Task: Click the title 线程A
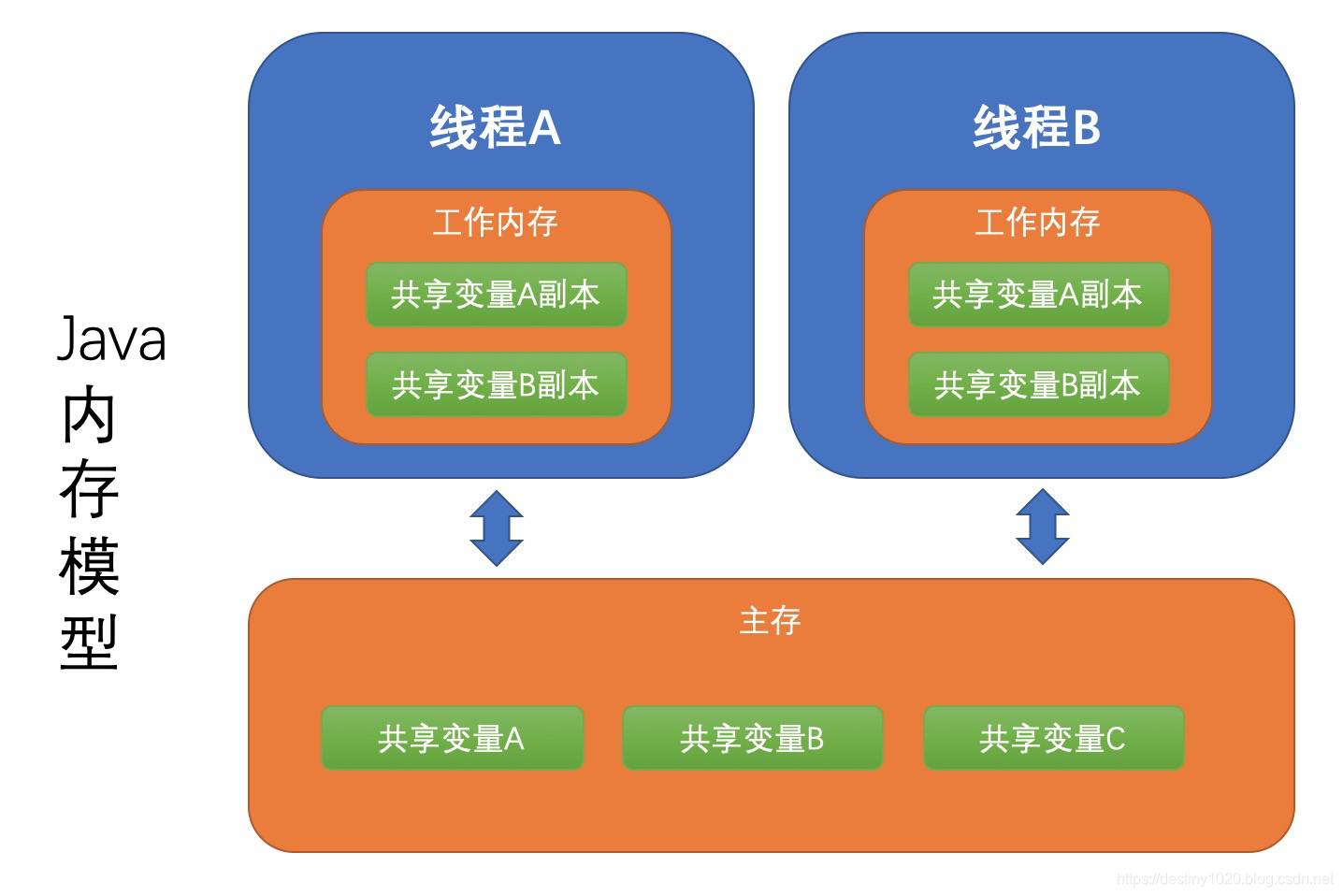pyautogui.click(x=495, y=127)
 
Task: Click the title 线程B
pyautogui.click(x=1036, y=127)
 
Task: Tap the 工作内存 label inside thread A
pyautogui.click(x=495, y=223)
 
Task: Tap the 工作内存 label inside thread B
pyautogui.click(x=1037, y=223)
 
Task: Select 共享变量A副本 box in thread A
pyautogui.click(x=496, y=295)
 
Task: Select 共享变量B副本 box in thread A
pyautogui.click(x=496, y=384)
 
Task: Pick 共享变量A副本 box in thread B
pyautogui.click(x=1038, y=295)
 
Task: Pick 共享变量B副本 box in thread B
pyautogui.click(x=1038, y=384)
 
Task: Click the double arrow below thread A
pyautogui.click(x=496, y=528)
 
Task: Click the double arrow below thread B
pyautogui.click(x=1042, y=527)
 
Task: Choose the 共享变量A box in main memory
pyautogui.click(x=452, y=739)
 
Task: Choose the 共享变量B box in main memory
pyautogui.click(x=752, y=739)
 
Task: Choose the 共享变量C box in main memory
pyautogui.click(x=1053, y=739)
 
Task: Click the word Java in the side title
pyautogui.click(x=112, y=340)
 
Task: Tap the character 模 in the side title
pyautogui.click(x=89, y=566)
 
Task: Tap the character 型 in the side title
pyautogui.click(x=89, y=643)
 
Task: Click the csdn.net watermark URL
pyautogui.click(x=1224, y=879)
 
